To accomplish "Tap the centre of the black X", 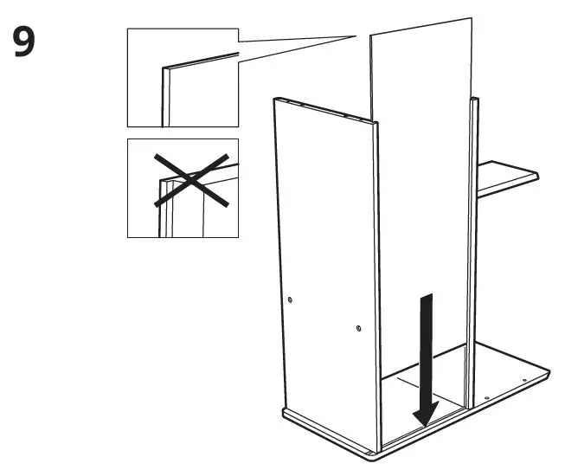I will [x=192, y=180].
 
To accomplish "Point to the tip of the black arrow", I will [x=422, y=425].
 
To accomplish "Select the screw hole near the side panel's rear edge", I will [x=290, y=299].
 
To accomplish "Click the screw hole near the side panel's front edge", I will [x=358, y=329].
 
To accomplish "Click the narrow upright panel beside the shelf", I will [x=473, y=251].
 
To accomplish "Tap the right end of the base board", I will [x=547, y=374].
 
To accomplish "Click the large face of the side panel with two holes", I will [x=324, y=260].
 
